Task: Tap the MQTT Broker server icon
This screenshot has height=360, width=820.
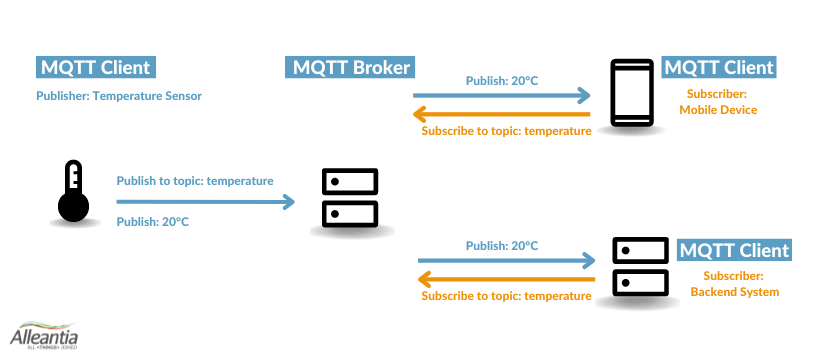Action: (x=350, y=198)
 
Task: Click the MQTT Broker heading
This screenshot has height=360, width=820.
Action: (x=350, y=68)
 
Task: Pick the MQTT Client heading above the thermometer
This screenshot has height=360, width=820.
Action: (x=95, y=68)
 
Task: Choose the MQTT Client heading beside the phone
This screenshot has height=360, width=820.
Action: (x=719, y=68)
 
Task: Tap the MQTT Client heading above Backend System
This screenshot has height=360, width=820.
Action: (x=734, y=250)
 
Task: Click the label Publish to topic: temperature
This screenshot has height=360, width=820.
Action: (x=195, y=181)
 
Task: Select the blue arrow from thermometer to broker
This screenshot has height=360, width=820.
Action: (x=205, y=201)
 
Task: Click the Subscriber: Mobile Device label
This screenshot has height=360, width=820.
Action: (x=718, y=102)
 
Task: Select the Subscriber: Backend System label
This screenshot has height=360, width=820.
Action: (x=734, y=284)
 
